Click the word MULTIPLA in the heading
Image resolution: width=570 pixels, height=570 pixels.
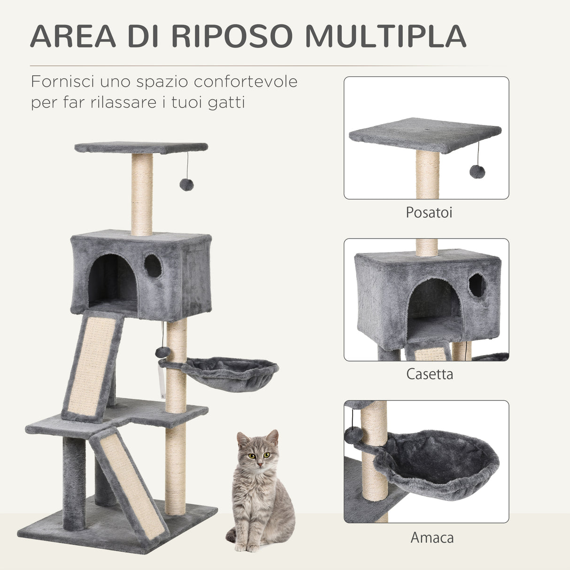click(x=385, y=36)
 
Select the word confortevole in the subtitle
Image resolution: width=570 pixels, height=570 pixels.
click(x=246, y=82)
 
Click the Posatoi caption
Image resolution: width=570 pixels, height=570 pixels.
click(x=429, y=212)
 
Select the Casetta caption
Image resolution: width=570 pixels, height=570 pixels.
click(x=429, y=374)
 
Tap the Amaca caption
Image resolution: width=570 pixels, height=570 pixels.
click(x=432, y=537)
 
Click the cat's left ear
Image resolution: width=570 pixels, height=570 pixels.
click(x=272, y=438)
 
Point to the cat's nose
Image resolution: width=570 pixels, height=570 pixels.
click(x=258, y=462)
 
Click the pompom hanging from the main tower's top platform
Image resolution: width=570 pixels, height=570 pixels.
click(x=186, y=185)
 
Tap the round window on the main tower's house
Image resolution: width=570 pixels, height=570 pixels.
click(x=153, y=266)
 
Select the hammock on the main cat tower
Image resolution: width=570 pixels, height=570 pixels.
click(x=225, y=371)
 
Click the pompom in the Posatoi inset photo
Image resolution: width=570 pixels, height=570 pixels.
click(x=477, y=172)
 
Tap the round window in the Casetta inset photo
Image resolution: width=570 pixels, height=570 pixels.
click(x=477, y=285)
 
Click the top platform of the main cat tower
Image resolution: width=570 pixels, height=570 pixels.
click(x=141, y=147)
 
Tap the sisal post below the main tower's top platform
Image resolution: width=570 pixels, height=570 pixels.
click(x=142, y=195)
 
